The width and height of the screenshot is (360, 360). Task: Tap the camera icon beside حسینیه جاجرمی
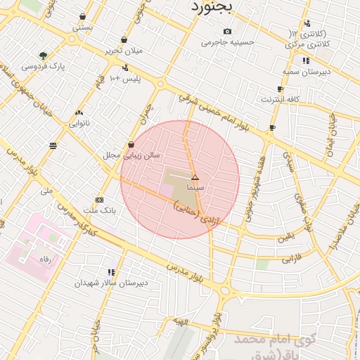click(226, 31)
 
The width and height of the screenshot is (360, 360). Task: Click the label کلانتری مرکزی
click(308, 44)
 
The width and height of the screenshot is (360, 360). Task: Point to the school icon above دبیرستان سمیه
click(305, 61)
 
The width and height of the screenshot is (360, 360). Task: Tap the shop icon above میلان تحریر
click(124, 39)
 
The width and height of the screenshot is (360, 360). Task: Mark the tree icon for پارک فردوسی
click(44, 55)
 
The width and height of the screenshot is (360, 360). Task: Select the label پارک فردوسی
click(43, 66)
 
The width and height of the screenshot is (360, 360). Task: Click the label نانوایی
click(78, 123)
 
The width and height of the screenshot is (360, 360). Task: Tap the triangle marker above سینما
click(195, 177)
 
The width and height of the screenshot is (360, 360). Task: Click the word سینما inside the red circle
click(195, 188)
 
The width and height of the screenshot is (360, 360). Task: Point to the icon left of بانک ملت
click(99, 200)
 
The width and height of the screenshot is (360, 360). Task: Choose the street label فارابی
click(292, 259)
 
